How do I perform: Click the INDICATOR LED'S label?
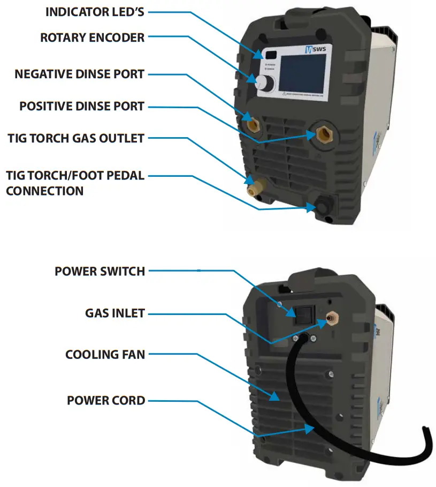(95, 12)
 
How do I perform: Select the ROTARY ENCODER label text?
(92, 38)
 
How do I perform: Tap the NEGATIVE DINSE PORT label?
(80, 74)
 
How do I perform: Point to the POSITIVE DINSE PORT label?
(82, 106)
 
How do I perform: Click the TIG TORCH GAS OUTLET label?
(75, 138)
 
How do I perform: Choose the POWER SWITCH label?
(100, 271)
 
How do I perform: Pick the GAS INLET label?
(115, 313)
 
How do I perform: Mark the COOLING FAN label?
(105, 355)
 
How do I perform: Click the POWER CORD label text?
(106, 400)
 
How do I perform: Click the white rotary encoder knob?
(263, 83)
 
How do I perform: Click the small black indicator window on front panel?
(271, 55)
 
